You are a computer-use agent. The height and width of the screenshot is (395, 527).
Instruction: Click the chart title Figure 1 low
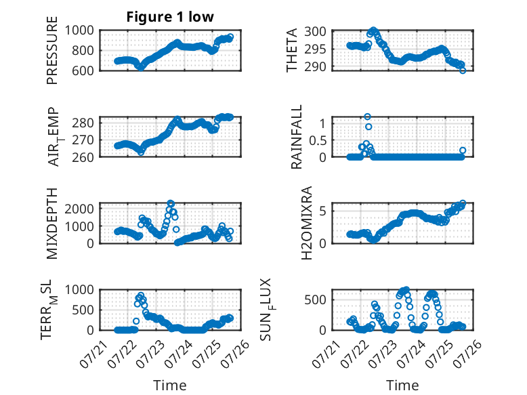(170, 17)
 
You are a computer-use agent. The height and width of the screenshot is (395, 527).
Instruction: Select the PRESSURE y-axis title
(52, 50)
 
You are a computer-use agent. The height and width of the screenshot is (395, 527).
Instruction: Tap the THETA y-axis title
(291, 50)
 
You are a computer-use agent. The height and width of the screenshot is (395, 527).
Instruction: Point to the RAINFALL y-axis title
(297, 137)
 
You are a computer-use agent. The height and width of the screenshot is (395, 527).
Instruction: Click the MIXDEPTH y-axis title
(52, 224)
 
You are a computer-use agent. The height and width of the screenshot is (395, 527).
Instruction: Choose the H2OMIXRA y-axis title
(307, 223)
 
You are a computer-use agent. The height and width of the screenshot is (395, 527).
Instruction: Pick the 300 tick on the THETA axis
(315, 32)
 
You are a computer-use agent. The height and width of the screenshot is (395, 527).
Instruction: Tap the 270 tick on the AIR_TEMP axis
(83, 140)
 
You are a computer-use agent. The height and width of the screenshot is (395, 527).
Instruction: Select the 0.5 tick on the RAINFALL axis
(318, 140)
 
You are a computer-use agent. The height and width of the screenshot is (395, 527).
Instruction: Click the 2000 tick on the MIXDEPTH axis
(79, 209)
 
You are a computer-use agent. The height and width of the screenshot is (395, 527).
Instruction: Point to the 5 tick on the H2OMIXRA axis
(322, 211)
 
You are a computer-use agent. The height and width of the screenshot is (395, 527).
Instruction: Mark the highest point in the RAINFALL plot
(367, 117)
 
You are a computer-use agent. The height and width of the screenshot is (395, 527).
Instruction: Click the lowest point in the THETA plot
(463, 70)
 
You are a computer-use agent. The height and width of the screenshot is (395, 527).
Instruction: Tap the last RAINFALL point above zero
(463, 150)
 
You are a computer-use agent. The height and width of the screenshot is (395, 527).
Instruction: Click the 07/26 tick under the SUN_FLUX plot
(467, 353)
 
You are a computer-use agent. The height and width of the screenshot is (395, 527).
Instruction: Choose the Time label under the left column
(170, 386)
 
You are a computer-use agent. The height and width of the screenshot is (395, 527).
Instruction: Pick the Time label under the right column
(402, 386)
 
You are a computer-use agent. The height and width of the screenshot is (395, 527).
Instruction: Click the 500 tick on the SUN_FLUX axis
(315, 299)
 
